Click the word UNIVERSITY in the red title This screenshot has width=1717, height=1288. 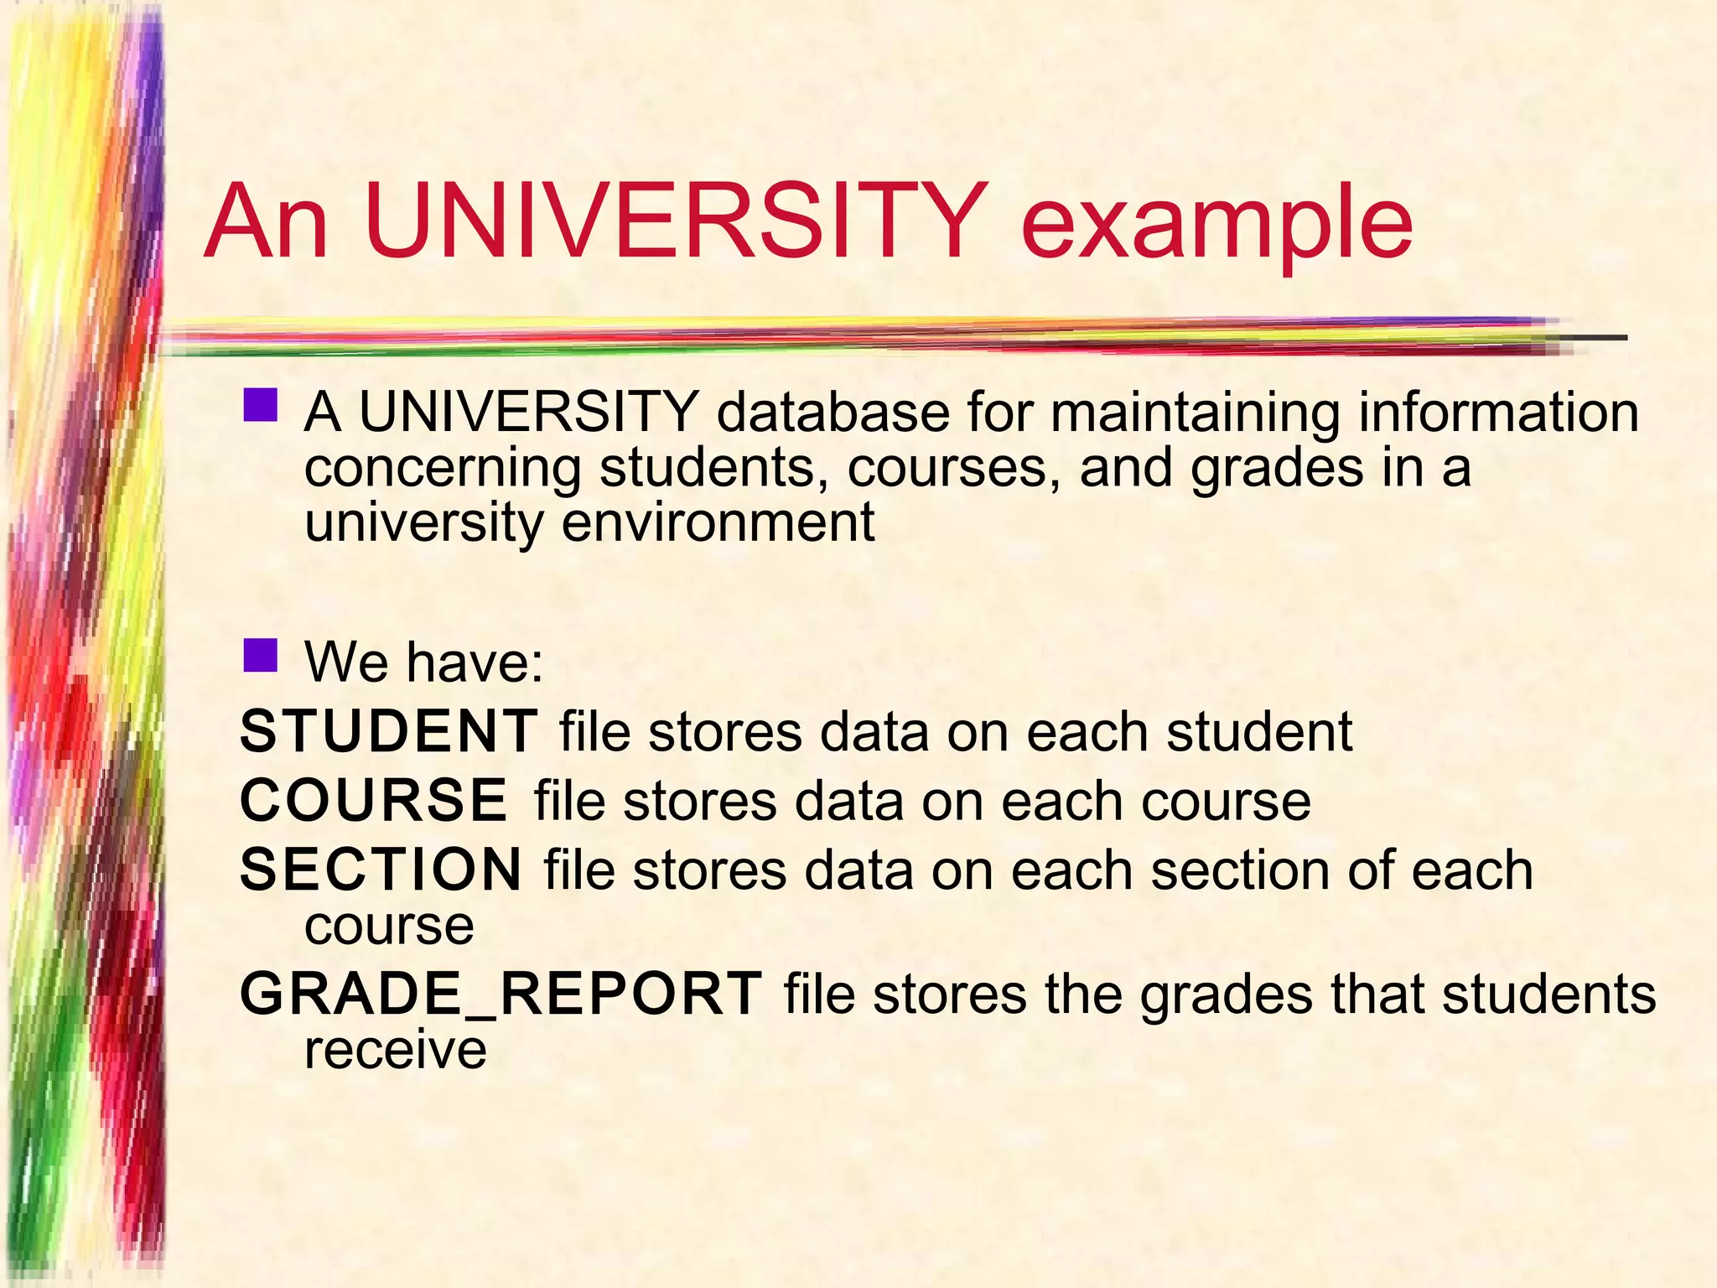676,221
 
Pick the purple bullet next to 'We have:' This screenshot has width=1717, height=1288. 260,656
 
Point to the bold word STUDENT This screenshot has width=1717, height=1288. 388,731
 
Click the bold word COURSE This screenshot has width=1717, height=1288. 374,800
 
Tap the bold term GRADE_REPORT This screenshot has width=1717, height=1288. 501,994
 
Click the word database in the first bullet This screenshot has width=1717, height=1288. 833,413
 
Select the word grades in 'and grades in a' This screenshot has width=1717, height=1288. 1277,468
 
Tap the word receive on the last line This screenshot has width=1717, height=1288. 395,1050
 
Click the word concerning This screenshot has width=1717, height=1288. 442,468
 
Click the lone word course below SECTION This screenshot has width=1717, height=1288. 389,927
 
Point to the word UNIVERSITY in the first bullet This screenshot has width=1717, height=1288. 528,413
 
